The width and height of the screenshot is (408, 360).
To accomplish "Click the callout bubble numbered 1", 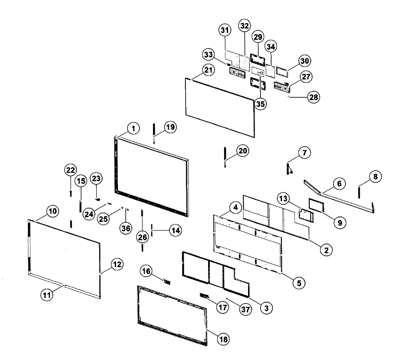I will [134, 128].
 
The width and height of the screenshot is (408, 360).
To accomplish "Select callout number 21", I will [208, 70].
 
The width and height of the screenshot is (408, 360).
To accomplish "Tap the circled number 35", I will [260, 104].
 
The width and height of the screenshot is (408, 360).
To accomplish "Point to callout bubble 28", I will [313, 97].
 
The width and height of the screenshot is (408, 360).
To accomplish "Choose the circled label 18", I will [223, 339].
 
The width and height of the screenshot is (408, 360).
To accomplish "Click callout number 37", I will [245, 309].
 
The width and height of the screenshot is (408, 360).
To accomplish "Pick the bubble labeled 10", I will [52, 211].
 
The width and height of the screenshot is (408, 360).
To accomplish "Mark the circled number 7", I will [304, 153].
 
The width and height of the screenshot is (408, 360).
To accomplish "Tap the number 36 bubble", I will [126, 228].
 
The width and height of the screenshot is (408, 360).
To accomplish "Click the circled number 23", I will [96, 178].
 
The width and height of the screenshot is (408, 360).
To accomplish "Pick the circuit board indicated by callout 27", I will [282, 88].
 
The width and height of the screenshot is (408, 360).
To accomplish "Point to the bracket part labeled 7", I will [289, 168].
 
